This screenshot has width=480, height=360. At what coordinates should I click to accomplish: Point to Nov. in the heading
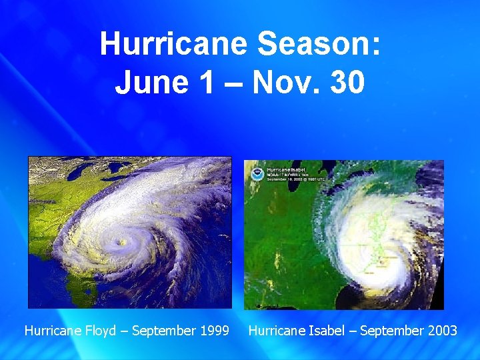pos(281,83)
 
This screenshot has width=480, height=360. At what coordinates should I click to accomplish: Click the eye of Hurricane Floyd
pos(121,243)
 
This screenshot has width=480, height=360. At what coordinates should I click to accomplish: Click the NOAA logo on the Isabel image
pos(256,173)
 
